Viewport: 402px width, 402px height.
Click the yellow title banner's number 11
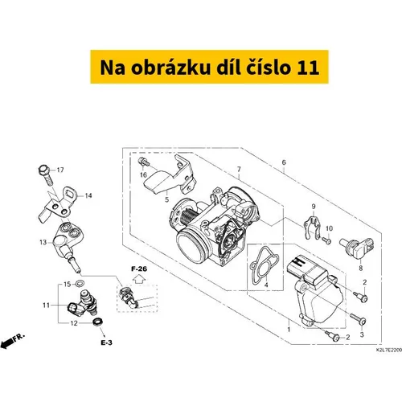pyautogui.click(x=308, y=67)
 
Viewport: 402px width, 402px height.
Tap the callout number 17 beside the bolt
pyautogui.click(x=60, y=170)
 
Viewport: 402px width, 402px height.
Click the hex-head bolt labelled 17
pyautogui.click(x=46, y=174)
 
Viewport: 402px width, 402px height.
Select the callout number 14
pyautogui.click(x=88, y=196)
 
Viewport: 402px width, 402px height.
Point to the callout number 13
pyautogui.click(x=43, y=242)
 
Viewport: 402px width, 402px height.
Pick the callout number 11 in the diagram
pyautogui.click(x=46, y=306)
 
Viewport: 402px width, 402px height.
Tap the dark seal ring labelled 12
pyautogui.click(x=98, y=322)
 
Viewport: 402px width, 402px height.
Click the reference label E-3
pyautogui.click(x=106, y=343)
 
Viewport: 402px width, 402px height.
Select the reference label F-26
pyautogui.click(x=139, y=269)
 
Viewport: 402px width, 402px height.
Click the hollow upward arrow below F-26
pyautogui.click(x=139, y=280)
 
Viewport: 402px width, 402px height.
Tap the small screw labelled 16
pyautogui.click(x=142, y=162)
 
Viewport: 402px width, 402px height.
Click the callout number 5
pyautogui.click(x=166, y=199)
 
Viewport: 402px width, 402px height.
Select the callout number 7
pyautogui.click(x=239, y=170)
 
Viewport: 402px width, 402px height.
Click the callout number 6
pyautogui.click(x=284, y=162)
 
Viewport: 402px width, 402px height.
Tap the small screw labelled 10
pyautogui.click(x=326, y=240)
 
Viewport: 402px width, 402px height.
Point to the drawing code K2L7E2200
pyautogui.click(x=389, y=350)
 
